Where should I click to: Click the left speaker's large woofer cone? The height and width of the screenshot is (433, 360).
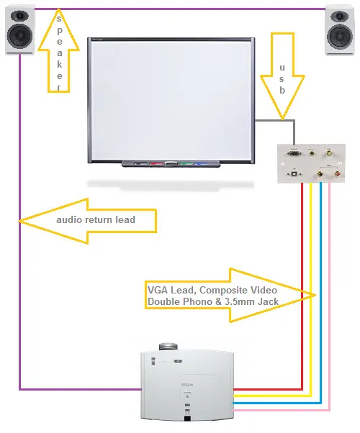tap(20, 36)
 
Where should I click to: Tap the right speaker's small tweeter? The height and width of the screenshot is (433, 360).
tap(340, 16)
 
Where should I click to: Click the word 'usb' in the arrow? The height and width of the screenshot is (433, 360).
tap(282, 79)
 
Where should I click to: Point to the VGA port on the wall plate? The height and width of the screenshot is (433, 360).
tap(294, 152)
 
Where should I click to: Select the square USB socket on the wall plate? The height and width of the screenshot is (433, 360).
tap(294, 174)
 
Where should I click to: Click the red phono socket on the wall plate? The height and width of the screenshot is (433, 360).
tap(338, 174)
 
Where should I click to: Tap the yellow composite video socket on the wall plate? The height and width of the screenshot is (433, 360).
tap(329, 152)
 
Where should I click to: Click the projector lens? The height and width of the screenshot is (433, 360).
tap(168, 347)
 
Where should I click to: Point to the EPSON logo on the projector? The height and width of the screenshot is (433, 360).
tap(187, 385)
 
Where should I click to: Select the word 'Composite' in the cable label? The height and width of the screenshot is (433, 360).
tap(223, 291)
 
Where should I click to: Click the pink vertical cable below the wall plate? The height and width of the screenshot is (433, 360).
tap(329, 296)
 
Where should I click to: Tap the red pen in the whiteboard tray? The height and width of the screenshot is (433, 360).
tap(156, 163)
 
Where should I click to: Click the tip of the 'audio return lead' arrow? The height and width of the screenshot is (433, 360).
tap(19, 221)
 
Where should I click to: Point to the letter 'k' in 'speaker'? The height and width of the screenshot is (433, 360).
tap(59, 64)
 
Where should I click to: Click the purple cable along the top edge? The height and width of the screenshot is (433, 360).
tap(180, 9)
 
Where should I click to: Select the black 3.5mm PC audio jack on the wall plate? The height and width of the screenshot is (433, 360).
tap(312, 152)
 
